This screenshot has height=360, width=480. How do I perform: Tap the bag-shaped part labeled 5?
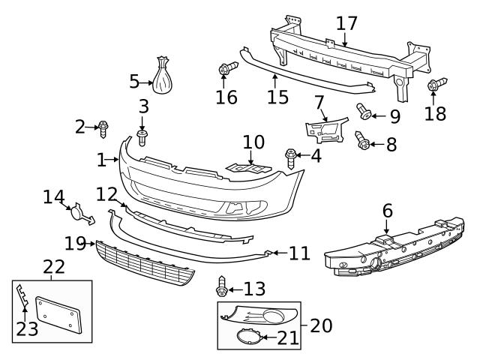pyautogui.click(x=163, y=76)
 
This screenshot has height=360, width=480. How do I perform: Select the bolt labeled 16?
pyautogui.click(x=225, y=70)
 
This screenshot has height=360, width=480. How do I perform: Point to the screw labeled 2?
pyautogui.click(x=103, y=129)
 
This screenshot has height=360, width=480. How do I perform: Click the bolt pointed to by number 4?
pyautogui.click(x=291, y=156)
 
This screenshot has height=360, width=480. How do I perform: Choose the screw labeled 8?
pyautogui.click(x=363, y=139)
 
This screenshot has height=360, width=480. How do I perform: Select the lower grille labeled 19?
pyautogui.click(x=142, y=263)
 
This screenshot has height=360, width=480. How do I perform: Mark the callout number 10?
pyautogui.click(x=253, y=141)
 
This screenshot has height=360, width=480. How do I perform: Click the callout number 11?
pyautogui.click(x=299, y=253)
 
